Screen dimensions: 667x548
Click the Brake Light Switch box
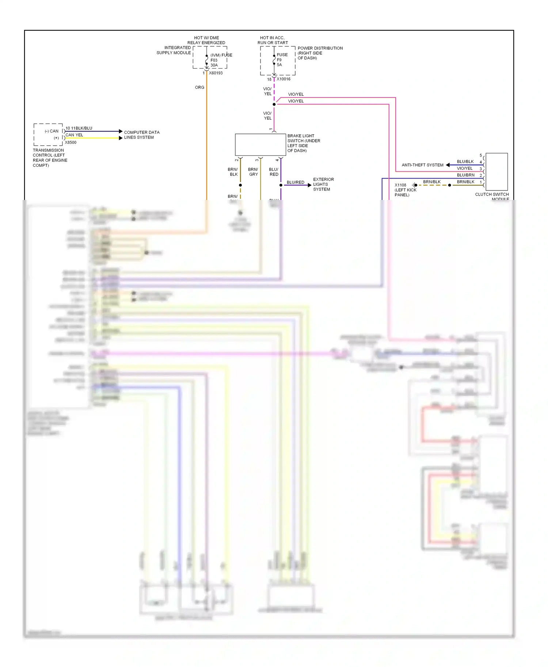[260, 144]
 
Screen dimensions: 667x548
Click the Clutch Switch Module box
[496, 171]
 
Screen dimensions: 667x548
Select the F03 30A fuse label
[214, 63]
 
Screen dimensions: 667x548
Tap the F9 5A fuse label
[279, 62]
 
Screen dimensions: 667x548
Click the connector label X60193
[216, 73]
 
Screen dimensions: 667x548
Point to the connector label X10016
[283, 79]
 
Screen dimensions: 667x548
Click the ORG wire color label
[199, 88]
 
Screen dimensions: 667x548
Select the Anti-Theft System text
[422, 165]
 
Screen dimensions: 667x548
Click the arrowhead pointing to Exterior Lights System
[309, 185]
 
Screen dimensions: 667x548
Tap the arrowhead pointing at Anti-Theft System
[448, 165]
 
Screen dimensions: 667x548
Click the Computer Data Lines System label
[141, 135]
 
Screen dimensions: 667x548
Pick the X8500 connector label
[71, 143]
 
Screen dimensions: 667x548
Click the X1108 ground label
[400, 185]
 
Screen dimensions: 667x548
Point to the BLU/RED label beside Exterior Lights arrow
[295, 182]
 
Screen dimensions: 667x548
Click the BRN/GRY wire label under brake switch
[253, 172]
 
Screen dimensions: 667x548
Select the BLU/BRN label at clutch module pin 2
[465, 175]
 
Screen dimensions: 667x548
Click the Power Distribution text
[320, 53]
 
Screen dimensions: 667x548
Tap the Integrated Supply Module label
[174, 50]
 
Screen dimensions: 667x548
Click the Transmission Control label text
[50, 158]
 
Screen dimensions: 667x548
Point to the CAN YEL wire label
[74, 135]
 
